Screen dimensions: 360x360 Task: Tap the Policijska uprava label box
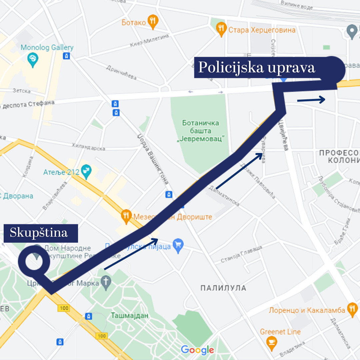(x=257, y=68)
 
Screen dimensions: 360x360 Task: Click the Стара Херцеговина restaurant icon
(x=221, y=30)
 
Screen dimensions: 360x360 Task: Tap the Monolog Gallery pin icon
(x=33, y=60)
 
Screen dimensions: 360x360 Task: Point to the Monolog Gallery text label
(x=47, y=48)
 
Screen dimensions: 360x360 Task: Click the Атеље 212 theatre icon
(x=87, y=172)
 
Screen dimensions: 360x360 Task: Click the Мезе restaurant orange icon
(x=126, y=217)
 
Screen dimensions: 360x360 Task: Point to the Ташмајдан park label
(x=129, y=315)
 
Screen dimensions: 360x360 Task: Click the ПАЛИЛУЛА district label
(x=223, y=288)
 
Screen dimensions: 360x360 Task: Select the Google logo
(x=197, y=350)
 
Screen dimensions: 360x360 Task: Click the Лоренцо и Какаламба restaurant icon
(x=352, y=310)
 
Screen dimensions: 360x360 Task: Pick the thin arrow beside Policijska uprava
(x=311, y=100)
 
